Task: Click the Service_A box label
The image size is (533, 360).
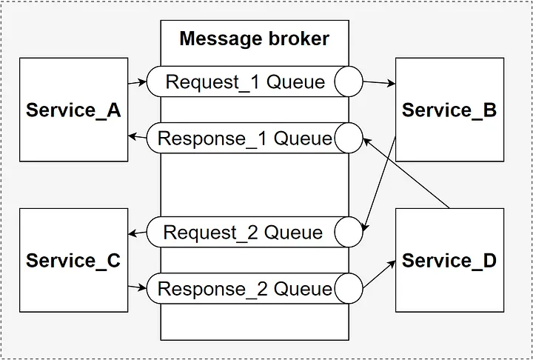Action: click(x=73, y=110)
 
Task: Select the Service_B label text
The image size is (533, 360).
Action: click(x=449, y=110)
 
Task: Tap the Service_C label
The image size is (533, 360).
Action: click(x=73, y=261)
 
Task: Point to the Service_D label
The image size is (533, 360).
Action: click(x=449, y=261)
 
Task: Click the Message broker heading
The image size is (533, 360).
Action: click(x=254, y=39)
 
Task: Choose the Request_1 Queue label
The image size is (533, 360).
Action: click(x=245, y=82)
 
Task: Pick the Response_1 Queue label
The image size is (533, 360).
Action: click(x=244, y=139)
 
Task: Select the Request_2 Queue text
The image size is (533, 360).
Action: click(x=243, y=233)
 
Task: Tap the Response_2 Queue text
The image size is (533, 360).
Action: click(x=244, y=289)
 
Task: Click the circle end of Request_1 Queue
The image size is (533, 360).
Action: click(x=349, y=81)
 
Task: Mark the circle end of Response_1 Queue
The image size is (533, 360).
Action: click(x=349, y=138)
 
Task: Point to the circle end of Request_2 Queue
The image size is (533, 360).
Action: click(x=349, y=232)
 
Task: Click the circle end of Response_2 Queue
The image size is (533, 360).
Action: click(x=349, y=289)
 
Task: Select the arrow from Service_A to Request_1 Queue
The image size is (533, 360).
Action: click(x=138, y=82)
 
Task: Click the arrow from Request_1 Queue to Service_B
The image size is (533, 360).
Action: click(x=379, y=82)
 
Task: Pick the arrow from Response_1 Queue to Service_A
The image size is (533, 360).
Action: click(x=138, y=137)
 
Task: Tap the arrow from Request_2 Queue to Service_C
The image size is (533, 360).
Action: click(x=138, y=233)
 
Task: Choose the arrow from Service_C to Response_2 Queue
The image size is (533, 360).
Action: click(x=138, y=287)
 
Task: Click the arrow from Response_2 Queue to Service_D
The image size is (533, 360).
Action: click(x=379, y=274)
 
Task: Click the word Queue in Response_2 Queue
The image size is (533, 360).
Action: click(x=303, y=289)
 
